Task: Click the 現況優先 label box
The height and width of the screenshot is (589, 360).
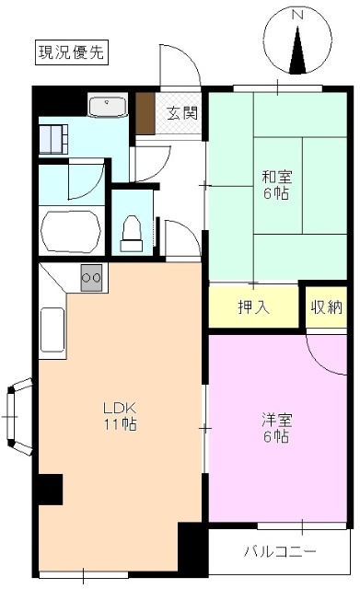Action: coord(72,52)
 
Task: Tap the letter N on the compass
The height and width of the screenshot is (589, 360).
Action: coord(297,16)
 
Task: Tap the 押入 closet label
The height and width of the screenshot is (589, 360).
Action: coord(253,306)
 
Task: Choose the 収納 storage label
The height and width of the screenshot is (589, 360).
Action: coord(325,306)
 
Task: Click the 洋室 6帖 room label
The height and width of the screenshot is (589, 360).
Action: coord(275,428)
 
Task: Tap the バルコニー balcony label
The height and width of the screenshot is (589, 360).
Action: coord(279,552)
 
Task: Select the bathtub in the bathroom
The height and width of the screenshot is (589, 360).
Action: coord(70,229)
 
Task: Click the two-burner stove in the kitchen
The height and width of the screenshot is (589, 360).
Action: coord(91,275)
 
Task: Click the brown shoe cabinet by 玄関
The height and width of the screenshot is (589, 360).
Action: coord(144,114)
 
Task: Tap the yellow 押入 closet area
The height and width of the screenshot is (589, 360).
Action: coord(253,306)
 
